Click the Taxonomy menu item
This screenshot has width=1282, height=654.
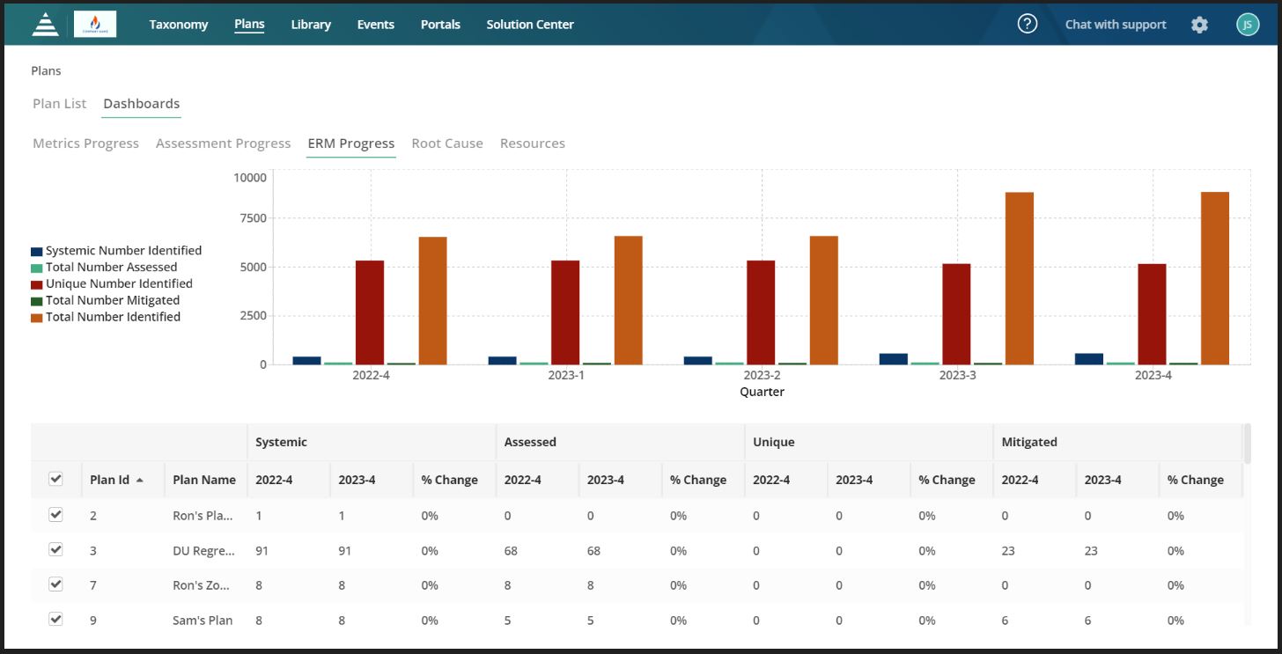pos(179,25)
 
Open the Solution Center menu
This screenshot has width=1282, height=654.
pos(530,25)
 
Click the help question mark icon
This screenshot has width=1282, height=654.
pos(1027,24)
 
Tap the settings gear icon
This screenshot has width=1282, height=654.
pos(1199,25)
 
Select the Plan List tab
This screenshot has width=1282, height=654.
pos(59,104)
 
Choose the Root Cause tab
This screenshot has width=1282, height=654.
pos(447,143)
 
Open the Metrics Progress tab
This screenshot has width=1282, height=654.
pos(85,143)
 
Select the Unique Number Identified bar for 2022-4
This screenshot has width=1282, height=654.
pos(370,312)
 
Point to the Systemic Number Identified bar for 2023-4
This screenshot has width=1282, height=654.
pos(1088,358)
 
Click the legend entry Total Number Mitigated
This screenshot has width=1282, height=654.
pos(112,300)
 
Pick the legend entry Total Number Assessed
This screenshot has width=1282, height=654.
pos(111,267)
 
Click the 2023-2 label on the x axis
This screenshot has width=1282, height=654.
pos(762,375)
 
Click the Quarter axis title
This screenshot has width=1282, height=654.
pos(762,392)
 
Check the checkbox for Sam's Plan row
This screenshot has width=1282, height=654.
pos(55,619)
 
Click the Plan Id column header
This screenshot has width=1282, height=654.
pos(110,480)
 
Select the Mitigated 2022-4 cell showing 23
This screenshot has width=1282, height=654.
pos(1008,551)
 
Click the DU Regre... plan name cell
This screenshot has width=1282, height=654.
pos(203,551)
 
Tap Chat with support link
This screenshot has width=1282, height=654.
pos(1115,25)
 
